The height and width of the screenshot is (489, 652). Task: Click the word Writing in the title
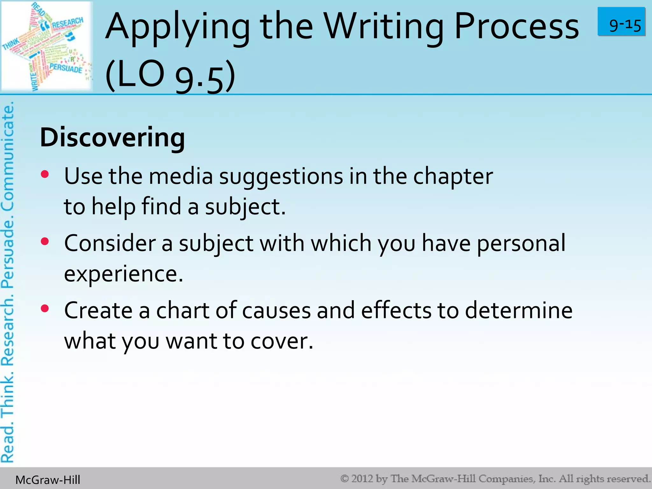click(383, 27)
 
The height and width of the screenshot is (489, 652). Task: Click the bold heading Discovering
click(112, 138)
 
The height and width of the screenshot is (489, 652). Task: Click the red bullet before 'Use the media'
click(45, 174)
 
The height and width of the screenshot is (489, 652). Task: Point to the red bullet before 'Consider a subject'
click(45, 241)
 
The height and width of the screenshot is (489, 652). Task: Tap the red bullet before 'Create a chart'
click(45, 308)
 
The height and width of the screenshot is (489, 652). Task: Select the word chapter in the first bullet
click(453, 177)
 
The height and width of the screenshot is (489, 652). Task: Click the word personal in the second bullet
click(521, 244)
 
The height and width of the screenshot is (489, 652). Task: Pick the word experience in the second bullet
click(124, 274)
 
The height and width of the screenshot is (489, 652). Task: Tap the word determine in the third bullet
click(519, 310)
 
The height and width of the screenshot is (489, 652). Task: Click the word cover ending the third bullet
click(282, 341)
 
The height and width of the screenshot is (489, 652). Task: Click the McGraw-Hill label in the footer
click(48, 480)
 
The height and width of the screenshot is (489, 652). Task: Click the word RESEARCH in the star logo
click(67, 23)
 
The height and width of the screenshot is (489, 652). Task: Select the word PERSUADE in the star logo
click(66, 68)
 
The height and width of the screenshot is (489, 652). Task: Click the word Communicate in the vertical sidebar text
click(8, 156)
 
